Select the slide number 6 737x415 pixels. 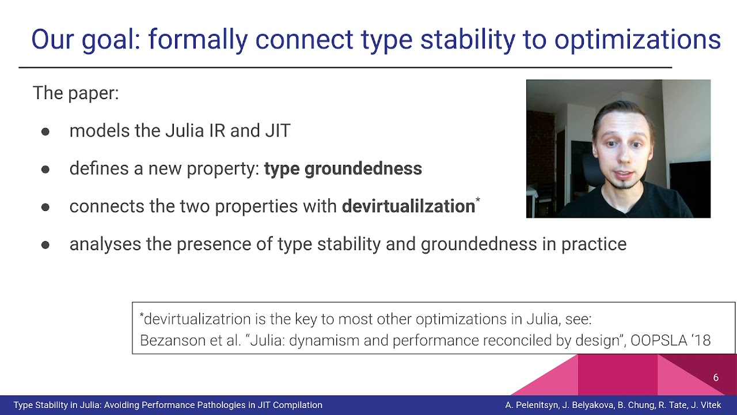716,378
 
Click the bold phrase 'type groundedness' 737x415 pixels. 343,169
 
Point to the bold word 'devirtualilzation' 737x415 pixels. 408,206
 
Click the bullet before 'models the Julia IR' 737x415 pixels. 45,132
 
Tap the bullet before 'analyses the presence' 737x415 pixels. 45,245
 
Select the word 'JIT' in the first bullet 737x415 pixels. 278,131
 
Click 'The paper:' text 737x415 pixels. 75,93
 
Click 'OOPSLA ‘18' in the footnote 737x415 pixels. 671,340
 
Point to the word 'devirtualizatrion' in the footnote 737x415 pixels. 196,319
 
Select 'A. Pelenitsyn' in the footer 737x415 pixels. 531,405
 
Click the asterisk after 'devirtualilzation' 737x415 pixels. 478,200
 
